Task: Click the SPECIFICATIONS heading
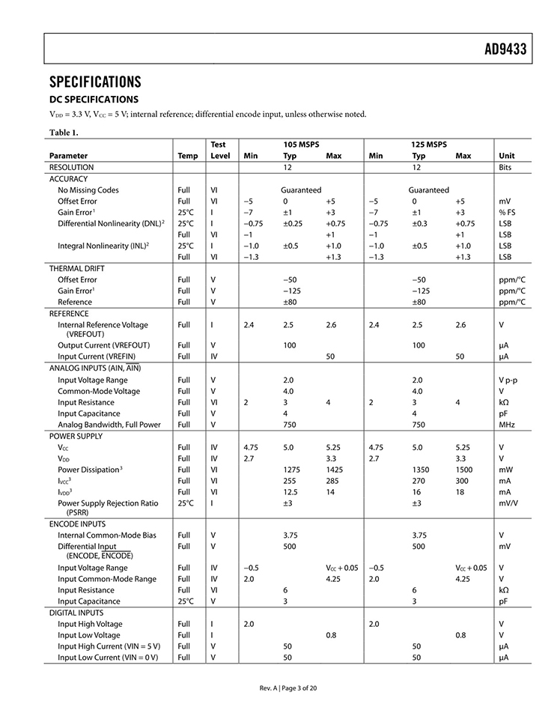tap(94, 81)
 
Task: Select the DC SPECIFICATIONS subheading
tap(94, 99)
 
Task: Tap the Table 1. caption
tap(64, 133)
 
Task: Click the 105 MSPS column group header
tap(301, 144)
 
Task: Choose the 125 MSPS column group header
tap(429, 144)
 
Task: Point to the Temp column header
tap(188, 156)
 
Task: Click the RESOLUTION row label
tap(71, 168)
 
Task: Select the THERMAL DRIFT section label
tap(76, 268)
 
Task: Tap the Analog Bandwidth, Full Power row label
tap(109, 425)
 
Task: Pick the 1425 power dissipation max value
tap(334, 470)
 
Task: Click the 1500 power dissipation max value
tap(463, 470)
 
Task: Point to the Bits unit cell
tap(505, 168)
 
